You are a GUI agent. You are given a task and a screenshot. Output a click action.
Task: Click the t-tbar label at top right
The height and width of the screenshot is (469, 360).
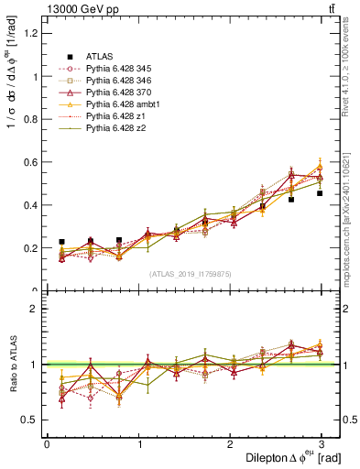tap(331, 9)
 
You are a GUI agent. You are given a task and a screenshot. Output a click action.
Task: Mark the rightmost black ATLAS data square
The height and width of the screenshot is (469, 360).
tap(320, 193)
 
